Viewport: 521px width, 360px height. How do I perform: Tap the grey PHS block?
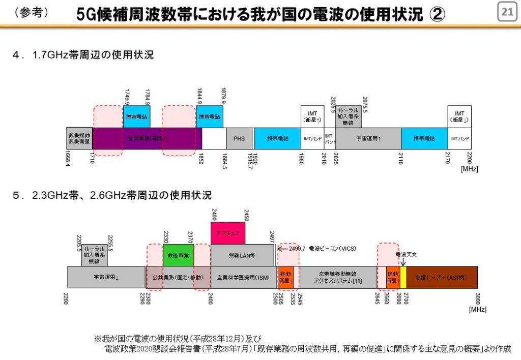point(239,138)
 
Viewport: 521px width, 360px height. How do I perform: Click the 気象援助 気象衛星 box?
point(79,138)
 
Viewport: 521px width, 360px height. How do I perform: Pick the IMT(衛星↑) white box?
point(312,116)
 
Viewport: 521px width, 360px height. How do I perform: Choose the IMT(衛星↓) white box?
point(459,116)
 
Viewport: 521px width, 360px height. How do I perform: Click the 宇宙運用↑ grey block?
point(368,138)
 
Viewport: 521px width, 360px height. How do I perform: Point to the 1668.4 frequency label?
point(67,159)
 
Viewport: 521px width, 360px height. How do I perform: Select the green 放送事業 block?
point(178,255)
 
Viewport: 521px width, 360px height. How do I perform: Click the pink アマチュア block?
point(227,233)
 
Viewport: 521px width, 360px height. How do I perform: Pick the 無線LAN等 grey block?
point(242,255)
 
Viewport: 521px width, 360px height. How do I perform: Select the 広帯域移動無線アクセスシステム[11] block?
point(338,278)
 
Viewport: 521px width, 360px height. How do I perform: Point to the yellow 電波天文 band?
point(403,278)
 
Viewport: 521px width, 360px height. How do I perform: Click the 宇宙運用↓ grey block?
point(106,278)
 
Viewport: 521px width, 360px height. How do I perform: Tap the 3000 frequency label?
point(477,299)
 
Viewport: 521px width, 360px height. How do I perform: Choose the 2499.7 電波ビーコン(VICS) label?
point(317,249)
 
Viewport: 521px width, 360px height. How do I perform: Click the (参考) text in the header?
point(32,13)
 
